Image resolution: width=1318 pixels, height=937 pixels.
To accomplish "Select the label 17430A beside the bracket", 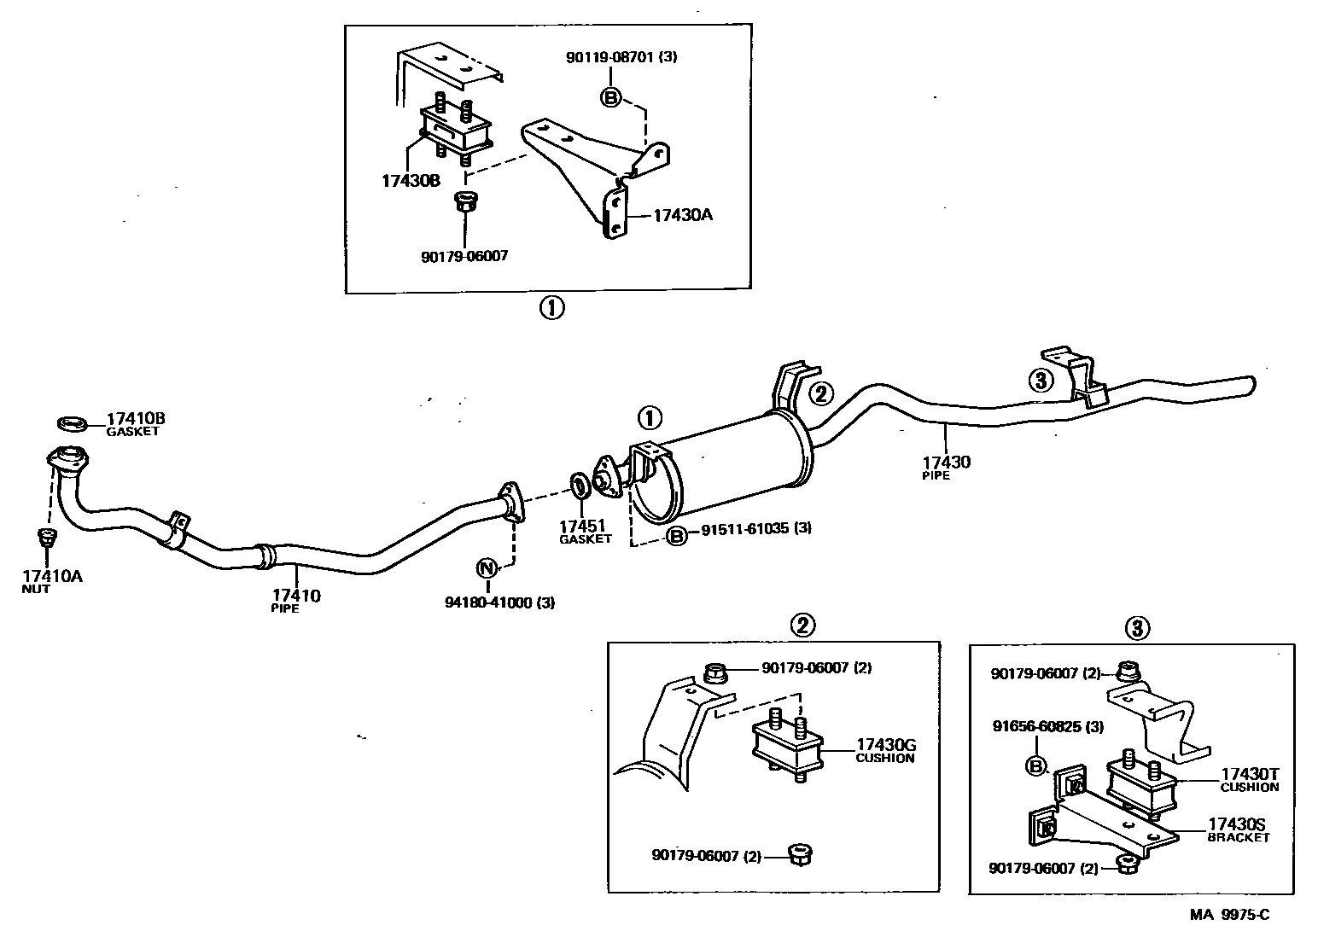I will (682, 215).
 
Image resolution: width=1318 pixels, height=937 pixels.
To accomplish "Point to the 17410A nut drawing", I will (47, 538).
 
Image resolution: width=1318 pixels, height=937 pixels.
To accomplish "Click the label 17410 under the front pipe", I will (296, 595).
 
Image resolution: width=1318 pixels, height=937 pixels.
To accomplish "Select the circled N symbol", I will (486, 567).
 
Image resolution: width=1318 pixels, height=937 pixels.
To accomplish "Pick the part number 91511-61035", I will (744, 529).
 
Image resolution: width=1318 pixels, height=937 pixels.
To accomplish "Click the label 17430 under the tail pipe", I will (946, 463).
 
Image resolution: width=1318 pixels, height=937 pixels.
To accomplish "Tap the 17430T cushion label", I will (1249, 774).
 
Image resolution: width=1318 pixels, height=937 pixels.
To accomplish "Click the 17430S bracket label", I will (1237, 824).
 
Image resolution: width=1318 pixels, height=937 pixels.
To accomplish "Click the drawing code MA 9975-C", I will (1230, 915).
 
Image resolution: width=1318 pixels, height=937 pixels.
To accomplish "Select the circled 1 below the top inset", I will (551, 308).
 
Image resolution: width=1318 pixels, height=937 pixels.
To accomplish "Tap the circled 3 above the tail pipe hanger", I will (1041, 381).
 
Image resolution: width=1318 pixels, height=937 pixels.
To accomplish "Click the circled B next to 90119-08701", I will (611, 97).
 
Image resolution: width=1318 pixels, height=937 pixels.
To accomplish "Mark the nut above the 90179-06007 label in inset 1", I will (465, 204).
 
